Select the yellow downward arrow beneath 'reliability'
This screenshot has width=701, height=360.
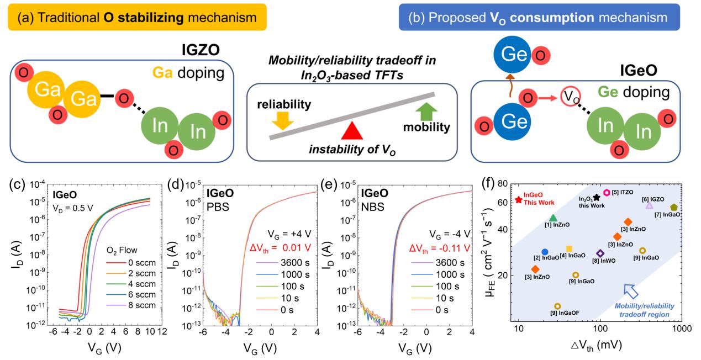[x=281, y=120]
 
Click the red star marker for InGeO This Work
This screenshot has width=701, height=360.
[x=519, y=199]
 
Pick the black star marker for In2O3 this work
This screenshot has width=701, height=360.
[x=597, y=198]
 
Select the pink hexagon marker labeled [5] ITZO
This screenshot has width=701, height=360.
[x=607, y=192]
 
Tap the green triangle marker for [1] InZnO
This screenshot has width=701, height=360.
[x=553, y=218]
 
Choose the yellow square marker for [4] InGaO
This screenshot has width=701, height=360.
[x=570, y=249]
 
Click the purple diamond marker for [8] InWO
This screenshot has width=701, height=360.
[x=600, y=253]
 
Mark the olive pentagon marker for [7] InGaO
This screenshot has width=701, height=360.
[x=674, y=207]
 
